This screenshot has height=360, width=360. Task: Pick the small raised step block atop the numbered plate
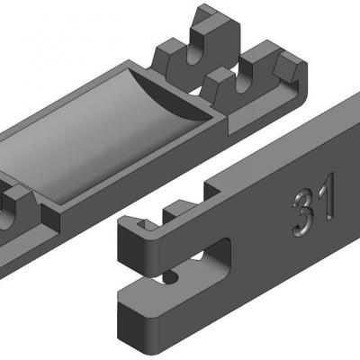click(176, 211)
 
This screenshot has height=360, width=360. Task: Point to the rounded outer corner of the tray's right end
click(306, 90)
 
